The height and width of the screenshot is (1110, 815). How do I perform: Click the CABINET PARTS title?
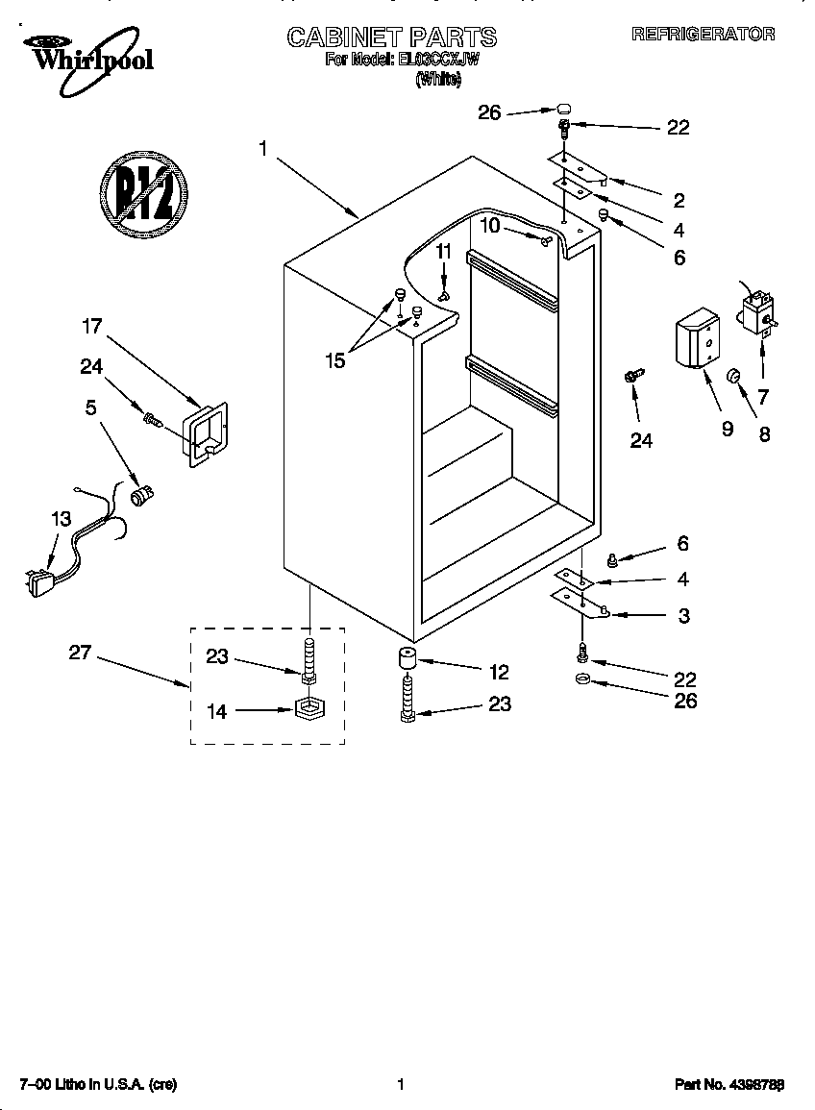(x=392, y=37)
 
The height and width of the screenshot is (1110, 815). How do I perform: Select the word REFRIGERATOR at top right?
(x=703, y=34)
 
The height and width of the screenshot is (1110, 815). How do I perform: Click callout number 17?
(x=91, y=327)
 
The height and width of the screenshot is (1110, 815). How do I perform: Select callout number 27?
(x=80, y=653)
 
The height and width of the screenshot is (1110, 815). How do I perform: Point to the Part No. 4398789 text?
(x=729, y=1084)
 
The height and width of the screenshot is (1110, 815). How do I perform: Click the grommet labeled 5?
(x=143, y=496)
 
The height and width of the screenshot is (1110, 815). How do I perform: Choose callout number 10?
(x=490, y=225)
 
